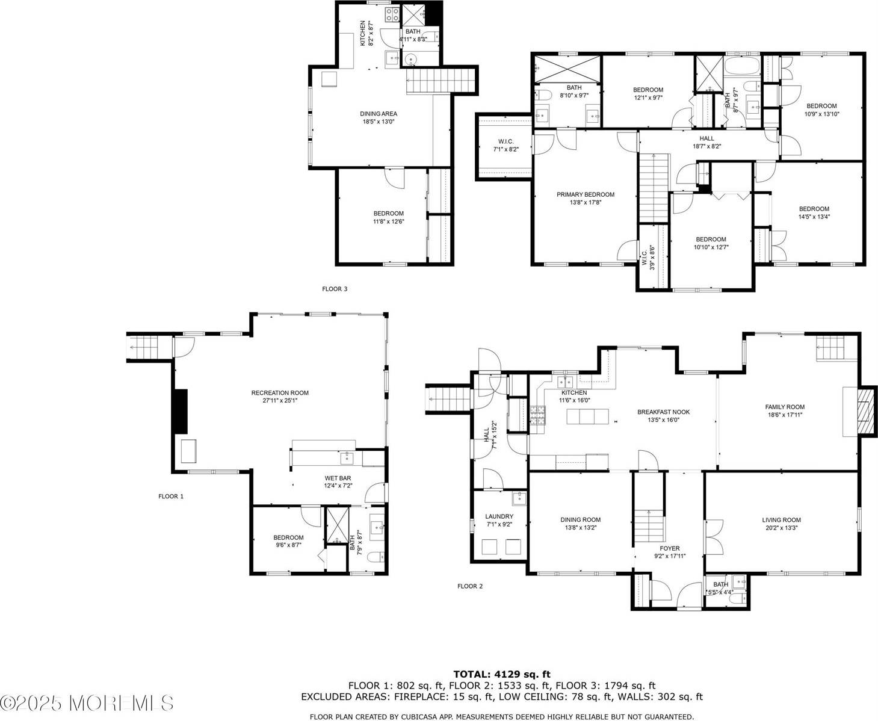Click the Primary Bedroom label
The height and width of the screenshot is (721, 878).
(585, 194)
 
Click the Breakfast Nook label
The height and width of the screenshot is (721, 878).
(663, 412)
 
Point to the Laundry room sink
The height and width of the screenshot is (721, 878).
(518, 499)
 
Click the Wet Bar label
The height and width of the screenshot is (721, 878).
(338, 478)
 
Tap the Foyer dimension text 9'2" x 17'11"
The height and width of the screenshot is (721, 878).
(669, 557)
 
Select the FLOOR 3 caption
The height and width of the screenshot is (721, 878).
(335, 289)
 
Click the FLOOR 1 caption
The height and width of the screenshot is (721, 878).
(170, 497)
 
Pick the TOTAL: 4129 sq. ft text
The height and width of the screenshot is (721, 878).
(501, 675)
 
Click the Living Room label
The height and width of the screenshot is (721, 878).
(781, 520)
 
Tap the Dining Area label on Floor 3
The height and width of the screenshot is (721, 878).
(378, 114)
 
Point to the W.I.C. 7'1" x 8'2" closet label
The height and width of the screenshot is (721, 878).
(505, 141)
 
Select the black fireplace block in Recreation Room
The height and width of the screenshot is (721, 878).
(180, 411)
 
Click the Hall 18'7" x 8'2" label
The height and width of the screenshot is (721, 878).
(706, 138)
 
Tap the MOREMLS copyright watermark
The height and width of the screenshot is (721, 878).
(87, 702)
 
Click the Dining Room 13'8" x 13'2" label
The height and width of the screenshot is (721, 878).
(580, 520)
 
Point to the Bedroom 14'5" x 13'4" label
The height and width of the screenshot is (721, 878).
(814, 209)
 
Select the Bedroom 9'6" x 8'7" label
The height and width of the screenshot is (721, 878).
(288, 537)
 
